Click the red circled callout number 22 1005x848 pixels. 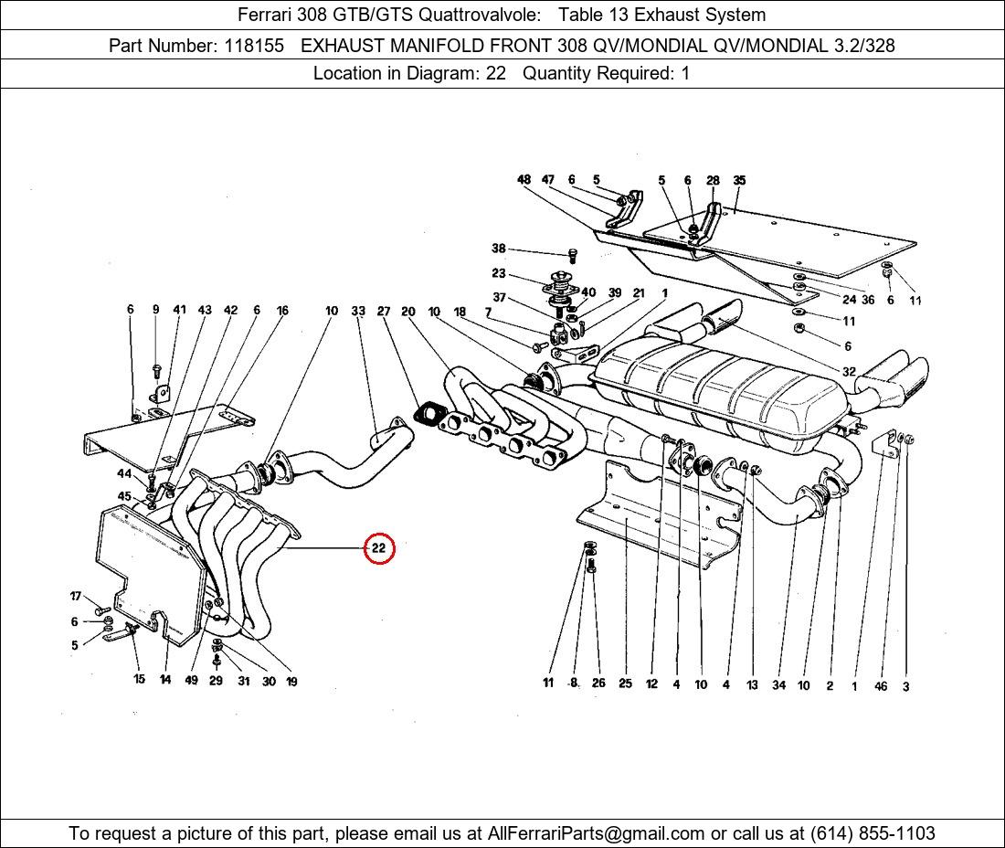coord(379,548)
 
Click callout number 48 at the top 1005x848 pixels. coord(524,180)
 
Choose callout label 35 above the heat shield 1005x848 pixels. coord(739,180)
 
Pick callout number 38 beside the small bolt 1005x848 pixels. coord(498,249)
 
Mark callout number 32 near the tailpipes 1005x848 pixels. coord(849,372)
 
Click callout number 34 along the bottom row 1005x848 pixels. coord(778,685)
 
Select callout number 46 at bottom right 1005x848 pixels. coord(881,685)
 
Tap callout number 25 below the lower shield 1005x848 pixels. coord(625,684)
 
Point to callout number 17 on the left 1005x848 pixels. coord(76,597)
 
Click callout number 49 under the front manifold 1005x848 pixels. coord(191,680)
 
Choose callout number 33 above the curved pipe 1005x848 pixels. coord(358,311)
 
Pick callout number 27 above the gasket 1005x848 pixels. coord(384,311)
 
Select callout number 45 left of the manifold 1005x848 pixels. coord(124,496)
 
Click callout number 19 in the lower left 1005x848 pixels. coord(291,682)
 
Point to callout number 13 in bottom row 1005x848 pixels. coord(752,684)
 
